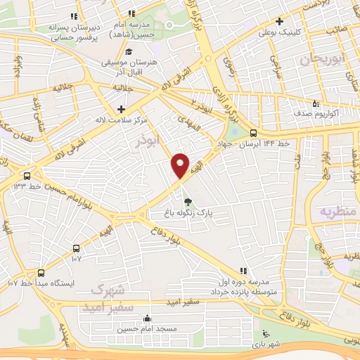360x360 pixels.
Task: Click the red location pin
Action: tap(181, 165)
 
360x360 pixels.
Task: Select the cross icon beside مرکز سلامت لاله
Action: tap(122, 109)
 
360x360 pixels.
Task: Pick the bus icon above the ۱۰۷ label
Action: tap(77, 248)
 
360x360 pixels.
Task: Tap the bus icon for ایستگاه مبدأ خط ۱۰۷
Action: tap(41, 272)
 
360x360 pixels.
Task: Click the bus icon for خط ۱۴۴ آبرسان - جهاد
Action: tap(253, 134)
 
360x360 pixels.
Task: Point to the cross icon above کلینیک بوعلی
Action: tap(279, 22)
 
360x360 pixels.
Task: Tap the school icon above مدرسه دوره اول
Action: tap(243, 270)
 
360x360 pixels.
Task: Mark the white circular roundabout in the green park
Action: tap(172, 25)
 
